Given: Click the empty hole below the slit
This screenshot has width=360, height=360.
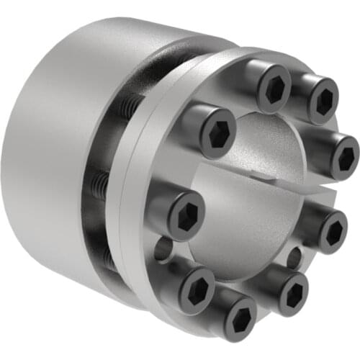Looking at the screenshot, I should (x=294, y=256).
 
